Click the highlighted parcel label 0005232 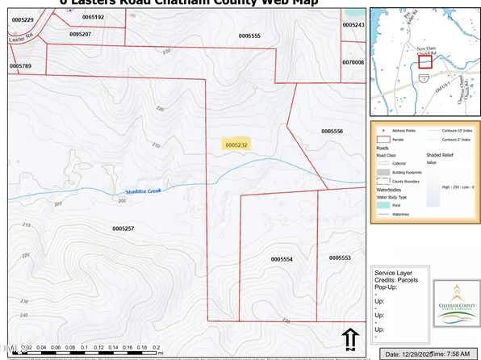click(236, 144)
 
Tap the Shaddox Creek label click(143, 191)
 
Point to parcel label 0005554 click(281, 259)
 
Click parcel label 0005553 click(340, 257)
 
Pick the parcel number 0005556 click(332, 131)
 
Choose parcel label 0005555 click(249, 36)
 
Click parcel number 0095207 click(80, 35)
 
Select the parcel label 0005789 click(20, 65)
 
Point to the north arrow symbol click(349, 339)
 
